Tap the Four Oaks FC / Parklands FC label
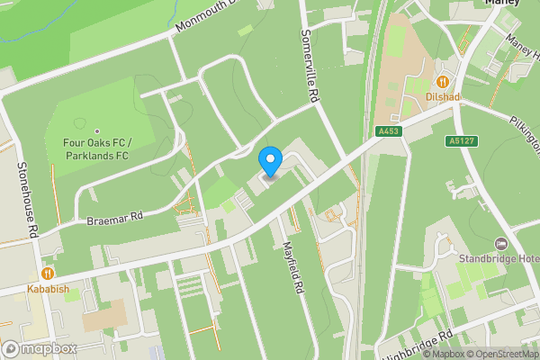98,148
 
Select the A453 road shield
389,131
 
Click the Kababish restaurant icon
47,273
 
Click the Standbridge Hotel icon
501,245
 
